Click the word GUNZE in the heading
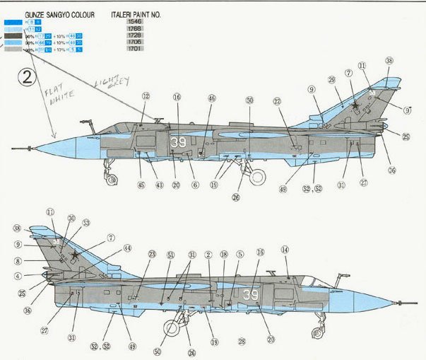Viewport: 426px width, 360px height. (x=36, y=13)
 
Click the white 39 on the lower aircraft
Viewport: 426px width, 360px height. (x=251, y=294)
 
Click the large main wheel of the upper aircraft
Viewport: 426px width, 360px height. (x=259, y=177)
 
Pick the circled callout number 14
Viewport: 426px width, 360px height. (x=285, y=250)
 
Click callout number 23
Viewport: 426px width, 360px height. (x=151, y=254)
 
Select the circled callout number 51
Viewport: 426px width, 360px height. (x=170, y=255)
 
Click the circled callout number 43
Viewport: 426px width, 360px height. (x=159, y=185)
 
